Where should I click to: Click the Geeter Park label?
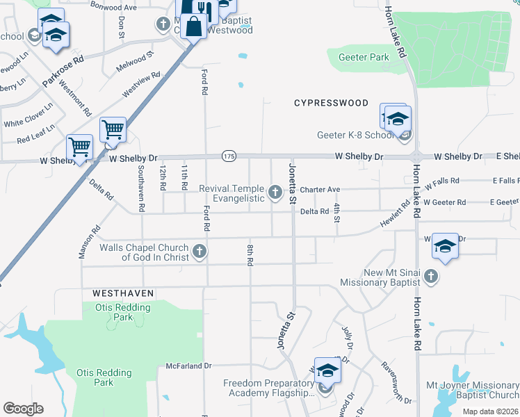tap(363, 58)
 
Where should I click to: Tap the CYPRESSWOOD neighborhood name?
tap(331, 103)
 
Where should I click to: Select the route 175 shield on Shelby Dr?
tap(229, 156)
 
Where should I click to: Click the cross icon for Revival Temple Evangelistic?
tap(275, 193)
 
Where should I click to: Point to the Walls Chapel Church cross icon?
tap(200, 252)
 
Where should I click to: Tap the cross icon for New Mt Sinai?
tap(430, 277)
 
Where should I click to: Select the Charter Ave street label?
tap(320, 189)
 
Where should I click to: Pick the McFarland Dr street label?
tap(188, 366)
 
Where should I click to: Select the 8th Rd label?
tap(249, 254)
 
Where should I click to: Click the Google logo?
tap(23, 409)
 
